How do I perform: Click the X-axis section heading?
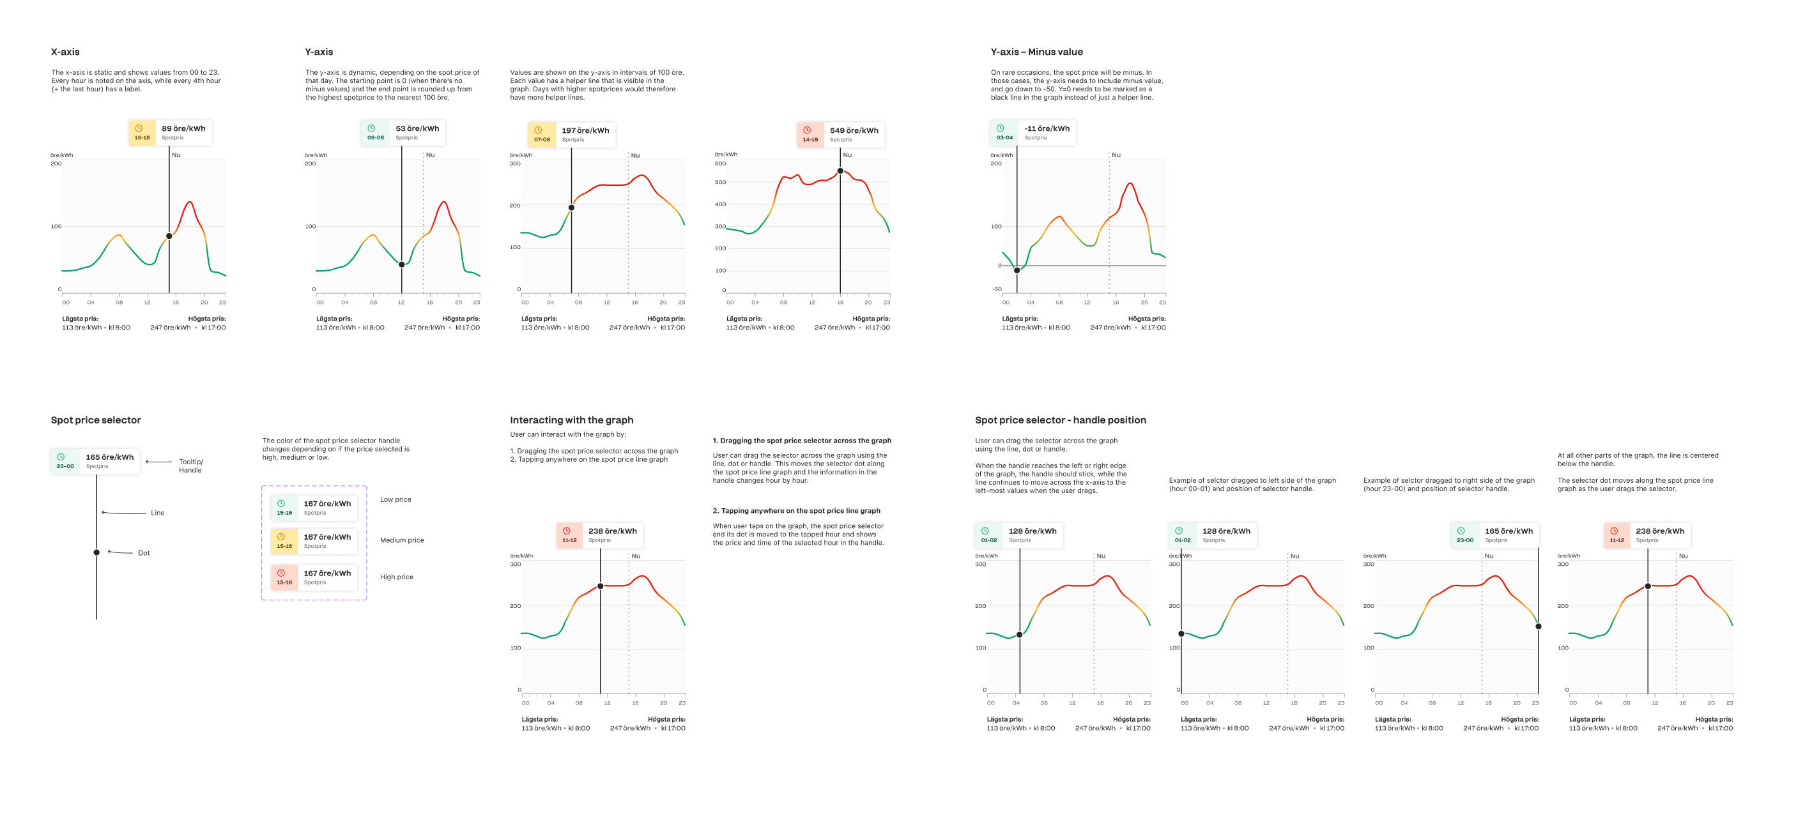(65, 52)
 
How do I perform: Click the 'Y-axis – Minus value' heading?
(1036, 52)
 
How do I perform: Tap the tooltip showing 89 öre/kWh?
(170, 132)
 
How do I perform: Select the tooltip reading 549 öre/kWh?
(841, 133)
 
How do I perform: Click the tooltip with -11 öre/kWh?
(1033, 132)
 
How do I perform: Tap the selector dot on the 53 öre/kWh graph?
(402, 264)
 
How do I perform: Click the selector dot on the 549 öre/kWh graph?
(840, 171)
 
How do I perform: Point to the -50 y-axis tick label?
(997, 289)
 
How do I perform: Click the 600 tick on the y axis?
(720, 164)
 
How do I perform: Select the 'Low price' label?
(395, 499)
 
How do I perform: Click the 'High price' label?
(396, 577)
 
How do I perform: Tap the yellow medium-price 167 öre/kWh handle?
(314, 541)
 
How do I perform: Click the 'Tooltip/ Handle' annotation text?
(190, 466)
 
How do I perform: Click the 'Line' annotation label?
(158, 513)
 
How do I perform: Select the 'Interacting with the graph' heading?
(571, 420)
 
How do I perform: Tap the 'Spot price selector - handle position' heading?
(1060, 420)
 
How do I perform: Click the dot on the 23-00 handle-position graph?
(1539, 626)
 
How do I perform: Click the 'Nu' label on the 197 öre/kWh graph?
(635, 155)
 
